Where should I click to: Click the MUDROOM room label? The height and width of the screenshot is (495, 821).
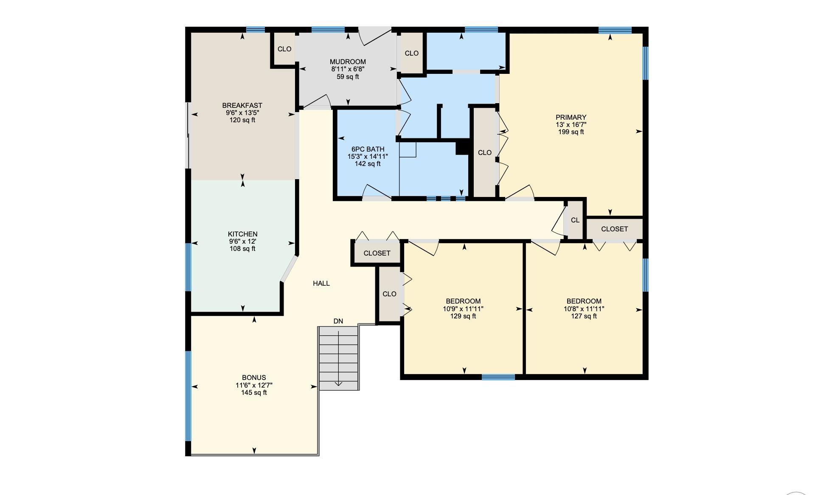(x=348, y=62)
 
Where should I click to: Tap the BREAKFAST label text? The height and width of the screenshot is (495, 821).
(x=242, y=105)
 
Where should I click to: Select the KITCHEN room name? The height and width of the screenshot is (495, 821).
(x=243, y=234)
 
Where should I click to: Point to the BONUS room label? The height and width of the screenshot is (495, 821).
(x=254, y=377)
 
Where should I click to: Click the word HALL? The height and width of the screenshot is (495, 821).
(x=321, y=283)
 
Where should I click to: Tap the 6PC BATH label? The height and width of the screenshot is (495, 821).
(x=368, y=149)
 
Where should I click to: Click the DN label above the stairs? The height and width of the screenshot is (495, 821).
(x=338, y=321)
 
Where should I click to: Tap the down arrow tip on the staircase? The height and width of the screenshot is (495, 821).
(x=338, y=386)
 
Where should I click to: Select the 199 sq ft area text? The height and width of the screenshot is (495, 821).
(x=571, y=132)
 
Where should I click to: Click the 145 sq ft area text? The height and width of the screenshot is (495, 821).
(x=254, y=393)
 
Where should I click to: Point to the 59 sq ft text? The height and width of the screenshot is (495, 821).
(x=348, y=77)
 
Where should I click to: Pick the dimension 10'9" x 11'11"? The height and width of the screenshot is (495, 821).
(x=463, y=309)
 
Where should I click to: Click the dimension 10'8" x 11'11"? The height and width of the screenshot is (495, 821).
(x=584, y=309)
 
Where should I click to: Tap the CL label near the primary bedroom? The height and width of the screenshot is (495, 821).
(x=575, y=220)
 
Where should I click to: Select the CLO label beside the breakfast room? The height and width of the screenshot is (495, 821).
(x=284, y=49)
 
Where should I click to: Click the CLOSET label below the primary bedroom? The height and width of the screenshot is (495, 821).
(x=615, y=229)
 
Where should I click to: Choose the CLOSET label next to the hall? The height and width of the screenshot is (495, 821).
(x=377, y=253)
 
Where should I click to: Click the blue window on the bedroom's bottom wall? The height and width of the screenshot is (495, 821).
(x=498, y=377)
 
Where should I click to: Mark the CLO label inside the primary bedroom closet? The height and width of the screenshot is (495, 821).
(x=485, y=152)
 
